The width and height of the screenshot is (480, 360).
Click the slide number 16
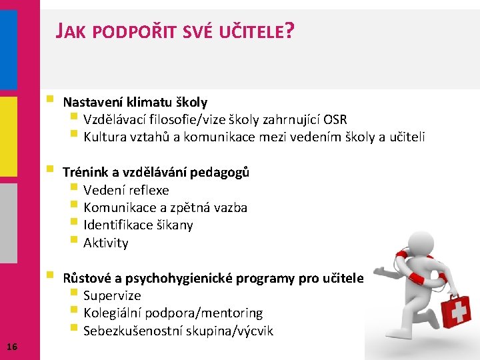click(x=11, y=345)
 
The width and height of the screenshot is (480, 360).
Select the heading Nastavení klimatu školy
click(x=135, y=102)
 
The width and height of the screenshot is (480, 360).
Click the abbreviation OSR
click(x=335, y=120)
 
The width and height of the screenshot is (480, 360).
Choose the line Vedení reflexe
click(x=126, y=190)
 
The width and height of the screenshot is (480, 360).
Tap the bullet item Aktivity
click(x=105, y=243)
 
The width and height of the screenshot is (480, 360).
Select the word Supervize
click(x=112, y=295)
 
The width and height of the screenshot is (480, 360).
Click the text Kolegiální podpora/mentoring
click(x=173, y=313)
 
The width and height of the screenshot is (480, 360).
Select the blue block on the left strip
click(x=9, y=49)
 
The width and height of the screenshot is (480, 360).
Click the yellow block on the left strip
click(x=9, y=137)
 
